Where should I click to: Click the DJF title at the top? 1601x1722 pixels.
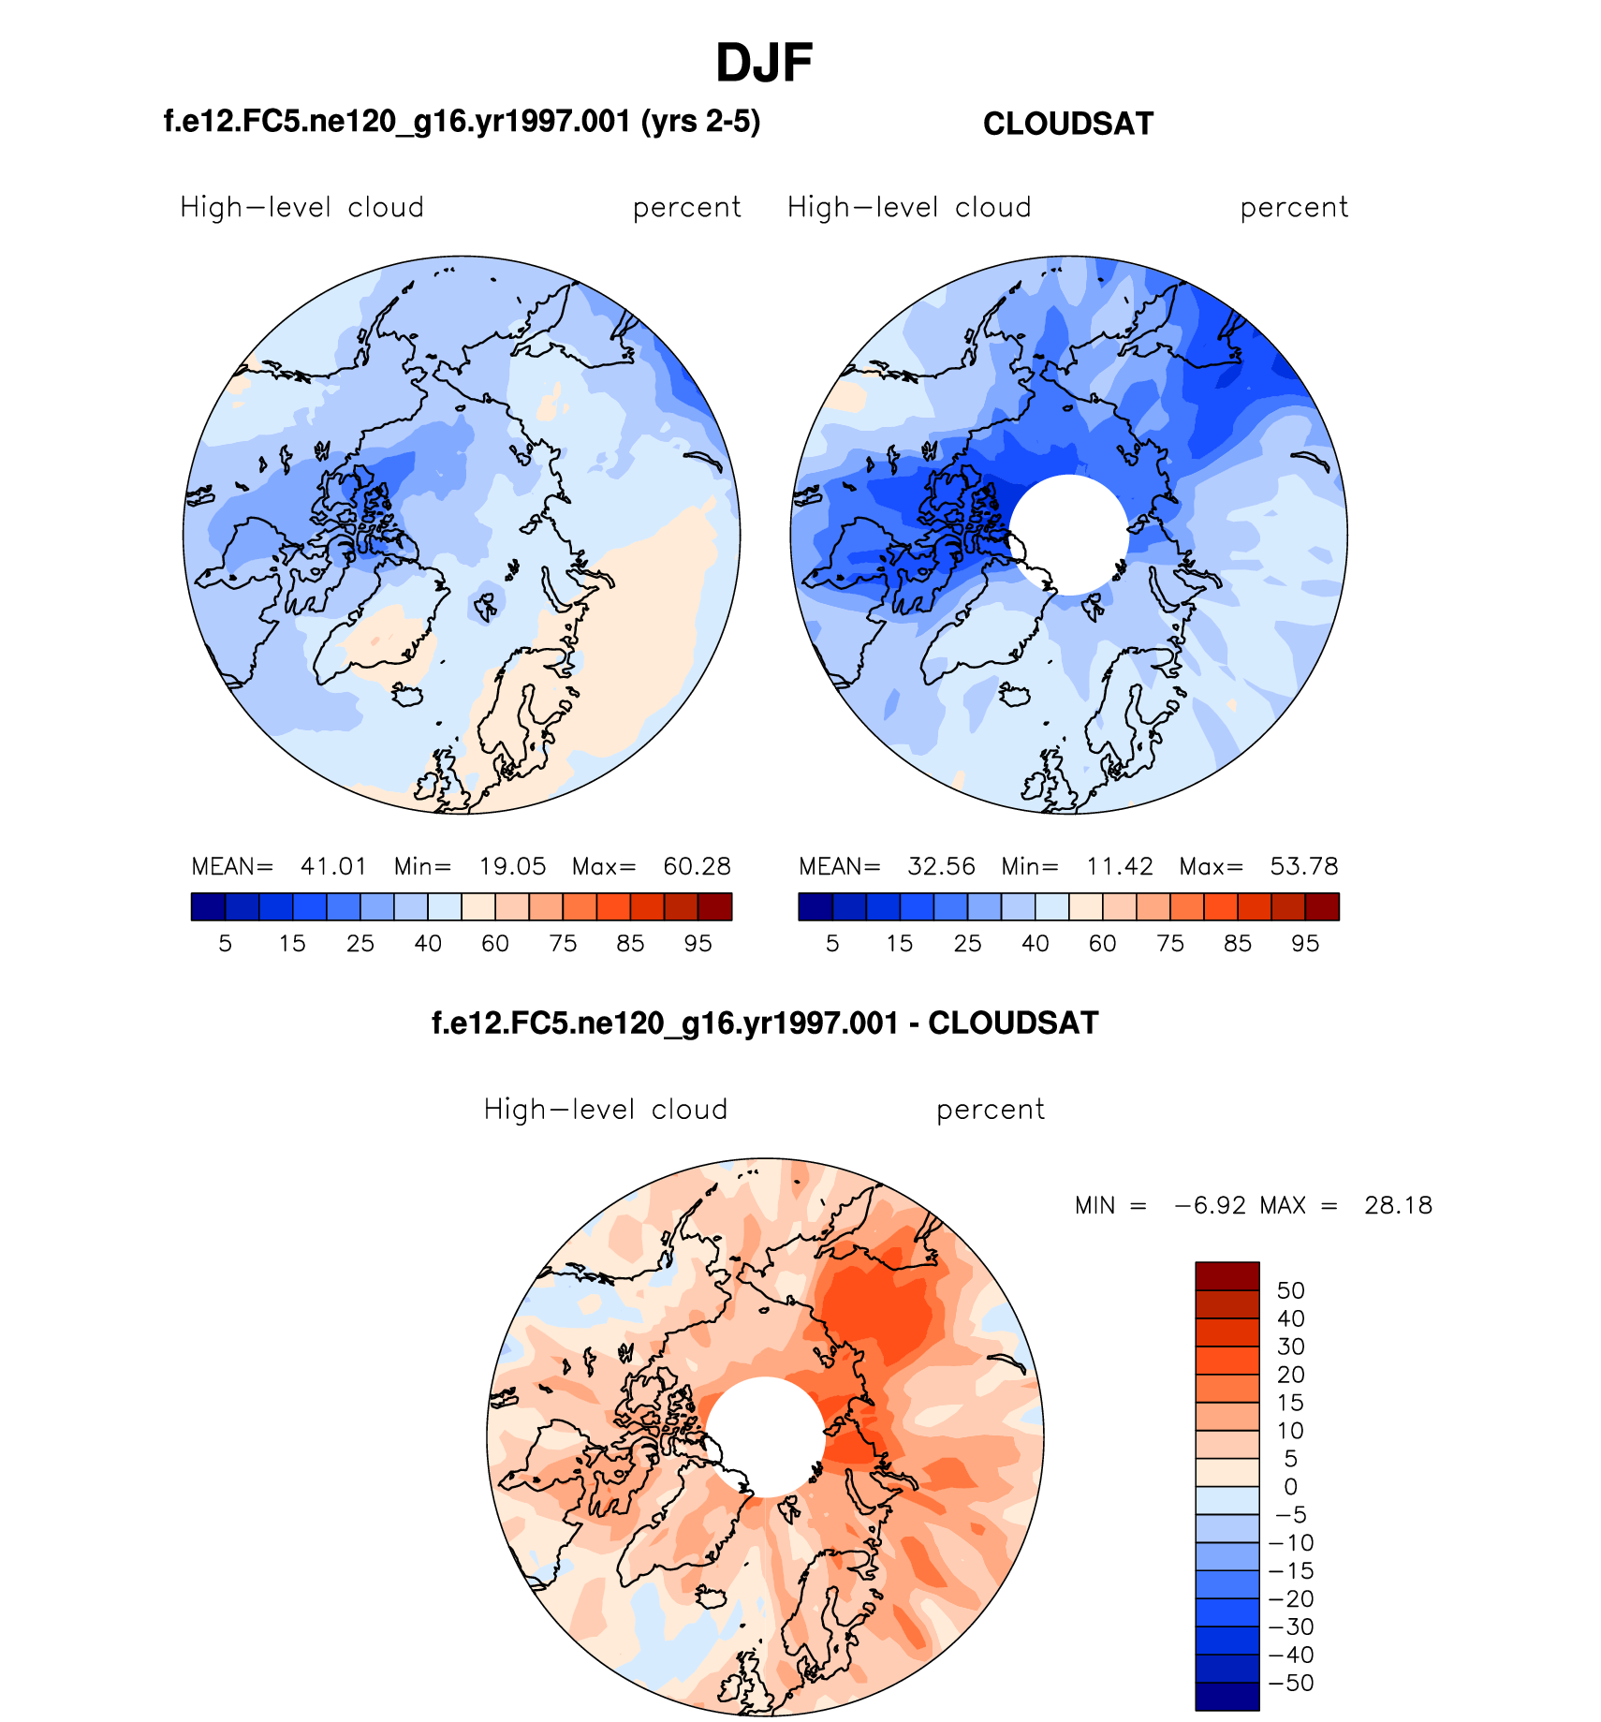tap(763, 64)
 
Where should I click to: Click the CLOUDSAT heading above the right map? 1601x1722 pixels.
tap(1067, 124)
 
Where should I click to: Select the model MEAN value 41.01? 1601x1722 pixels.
tap(333, 866)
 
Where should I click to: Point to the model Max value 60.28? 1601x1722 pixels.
tap(697, 866)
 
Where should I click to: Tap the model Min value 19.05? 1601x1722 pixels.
tap(512, 866)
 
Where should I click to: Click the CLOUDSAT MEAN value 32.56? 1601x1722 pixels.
tap(941, 866)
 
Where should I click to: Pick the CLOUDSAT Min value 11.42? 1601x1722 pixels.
tap(1120, 866)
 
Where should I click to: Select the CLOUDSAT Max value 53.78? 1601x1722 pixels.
tap(1304, 866)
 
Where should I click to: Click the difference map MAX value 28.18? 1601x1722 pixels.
tap(1398, 1205)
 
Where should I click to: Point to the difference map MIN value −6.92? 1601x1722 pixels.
tap(1211, 1205)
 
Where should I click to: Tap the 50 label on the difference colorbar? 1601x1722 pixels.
tap(1290, 1290)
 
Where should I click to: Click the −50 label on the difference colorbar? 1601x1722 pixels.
tap(1291, 1683)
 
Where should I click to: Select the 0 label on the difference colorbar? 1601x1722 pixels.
tap(1290, 1487)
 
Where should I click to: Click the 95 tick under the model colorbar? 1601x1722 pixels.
tap(698, 944)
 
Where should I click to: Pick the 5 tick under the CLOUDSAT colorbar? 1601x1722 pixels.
tap(832, 944)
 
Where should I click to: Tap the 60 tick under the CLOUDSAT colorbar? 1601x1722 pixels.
tap(1102, 944)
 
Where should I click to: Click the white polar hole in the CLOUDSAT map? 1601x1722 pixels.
tap(1069, 535)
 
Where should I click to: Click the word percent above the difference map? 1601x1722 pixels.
tap(990, 1110)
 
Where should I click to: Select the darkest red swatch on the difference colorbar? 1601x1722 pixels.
tap(1226, 1276)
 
